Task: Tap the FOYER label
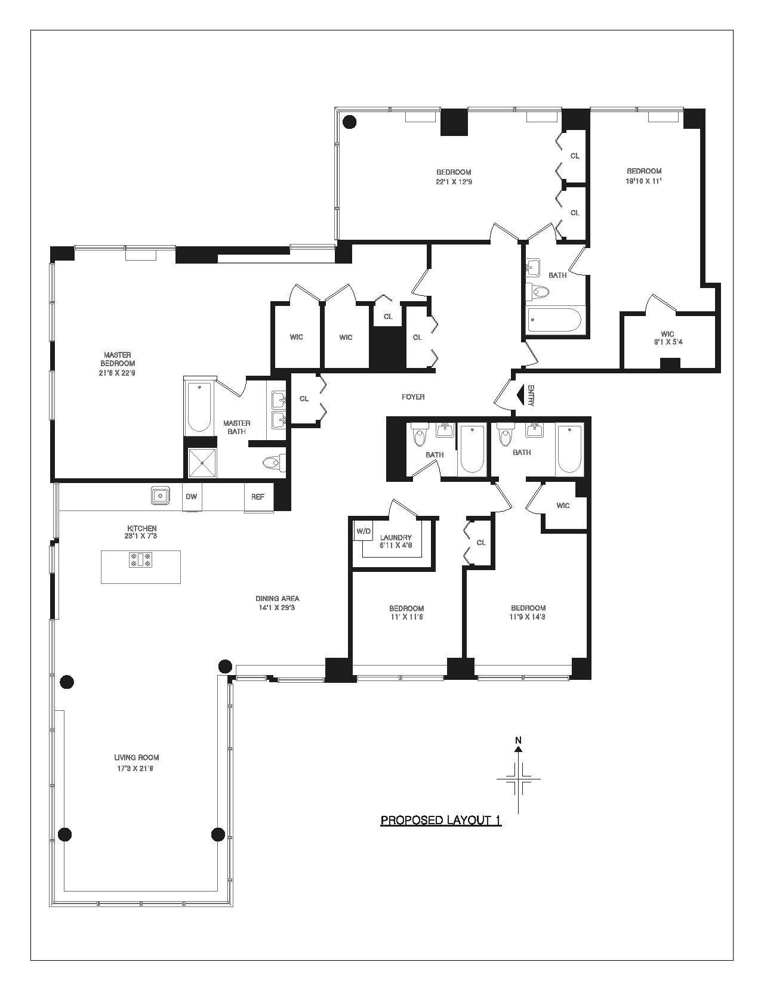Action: coord(413,397)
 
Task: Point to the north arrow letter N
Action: coord(518,740)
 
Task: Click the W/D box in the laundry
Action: coord(363,531)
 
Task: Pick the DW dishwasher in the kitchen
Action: coord(192,497)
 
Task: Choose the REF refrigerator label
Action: coord(257,497)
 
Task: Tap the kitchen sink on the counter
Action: coord(160,495)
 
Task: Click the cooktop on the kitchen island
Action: coord(141,560)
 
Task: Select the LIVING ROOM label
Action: coord(137,757)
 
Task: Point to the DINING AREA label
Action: coord(277,599)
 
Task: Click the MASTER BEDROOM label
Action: coord(118,359)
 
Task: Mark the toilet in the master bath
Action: coord(273,462)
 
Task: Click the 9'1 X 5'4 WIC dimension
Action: coord(668,342)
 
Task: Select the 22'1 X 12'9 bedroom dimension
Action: coord(454,181)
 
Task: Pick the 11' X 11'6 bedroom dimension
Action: coord(406,617)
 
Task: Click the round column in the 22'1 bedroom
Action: coord(349,122)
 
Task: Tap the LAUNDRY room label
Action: coord(396,537)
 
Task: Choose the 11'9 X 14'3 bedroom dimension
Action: coord(528,617)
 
